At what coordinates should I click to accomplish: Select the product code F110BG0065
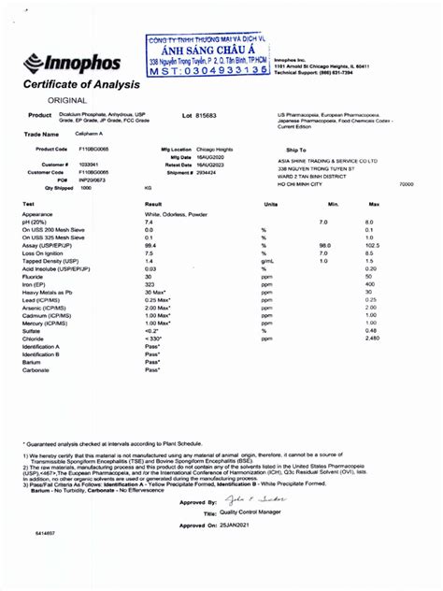tap(94, 149)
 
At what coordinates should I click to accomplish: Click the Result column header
tap(154, 203)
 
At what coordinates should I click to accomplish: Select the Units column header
tap(271, 203)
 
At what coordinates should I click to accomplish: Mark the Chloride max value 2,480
tap(371, 337)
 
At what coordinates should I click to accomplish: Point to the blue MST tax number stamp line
tap(215, 71)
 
